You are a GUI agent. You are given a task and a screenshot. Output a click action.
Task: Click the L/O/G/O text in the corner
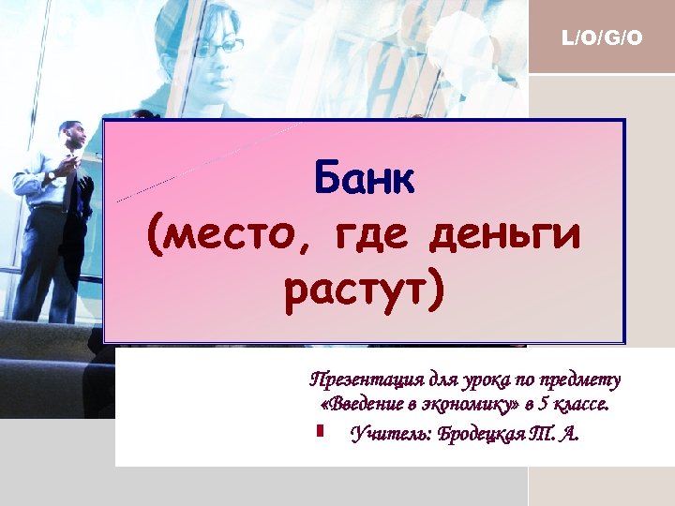(x=601, y=38)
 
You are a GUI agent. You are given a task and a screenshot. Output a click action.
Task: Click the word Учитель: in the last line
(x=387, y=434)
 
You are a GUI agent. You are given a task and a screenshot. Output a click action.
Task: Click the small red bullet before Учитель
(x=320, y=432)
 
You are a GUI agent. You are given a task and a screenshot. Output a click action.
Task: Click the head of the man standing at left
(x=72, y=136)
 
